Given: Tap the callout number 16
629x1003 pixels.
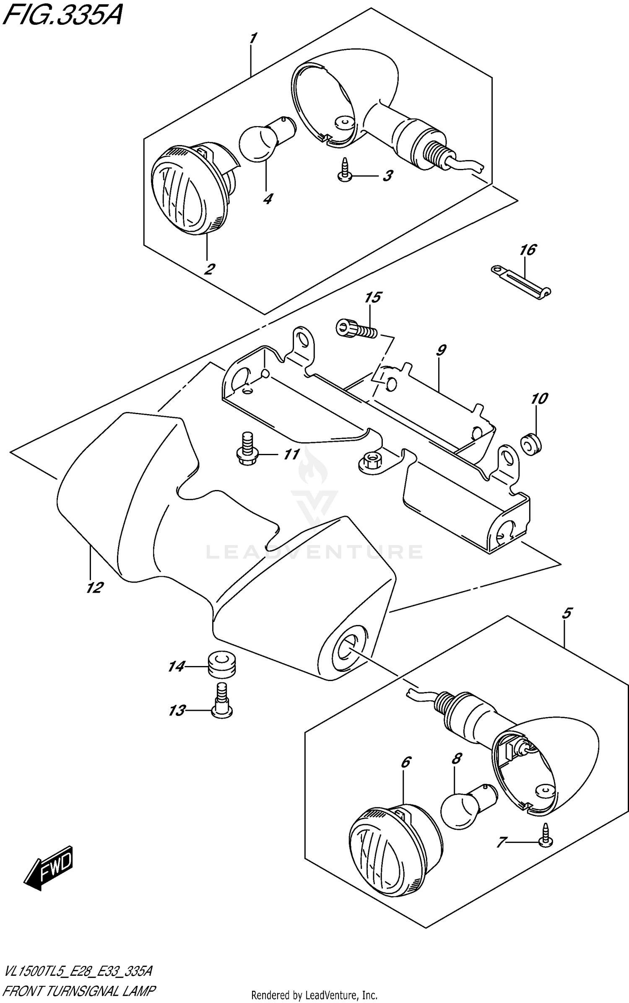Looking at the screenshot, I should [528, 250].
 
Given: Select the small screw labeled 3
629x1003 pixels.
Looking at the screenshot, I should [345, 171].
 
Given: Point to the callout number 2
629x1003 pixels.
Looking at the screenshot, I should [208, 269].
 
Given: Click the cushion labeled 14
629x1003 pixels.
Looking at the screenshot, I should [221, 664].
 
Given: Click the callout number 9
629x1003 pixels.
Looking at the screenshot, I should [441, 350].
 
